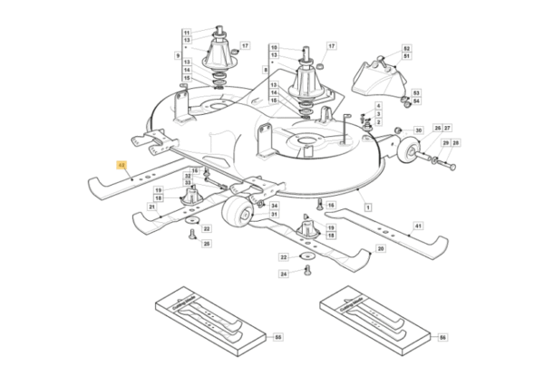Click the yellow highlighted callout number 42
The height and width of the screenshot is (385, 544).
[121, 166]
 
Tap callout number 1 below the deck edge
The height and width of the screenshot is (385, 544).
[368, 208]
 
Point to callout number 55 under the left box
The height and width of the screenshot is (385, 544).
[278, 338]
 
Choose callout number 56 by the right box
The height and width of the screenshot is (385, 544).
[442, 338]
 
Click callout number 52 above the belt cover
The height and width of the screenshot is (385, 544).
[406, 48]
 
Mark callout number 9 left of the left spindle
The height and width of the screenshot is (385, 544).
[178, 56]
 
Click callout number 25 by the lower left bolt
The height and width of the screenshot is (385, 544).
[206, 244]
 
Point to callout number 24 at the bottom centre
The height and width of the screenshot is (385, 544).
[284, 273]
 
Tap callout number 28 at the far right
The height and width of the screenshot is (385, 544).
[455, 143]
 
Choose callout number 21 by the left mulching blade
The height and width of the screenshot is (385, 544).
[151, 207]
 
